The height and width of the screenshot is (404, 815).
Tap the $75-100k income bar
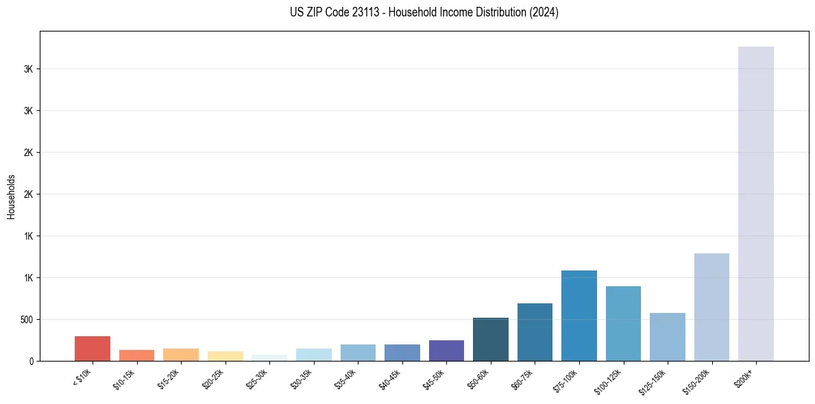(x=579, y=316)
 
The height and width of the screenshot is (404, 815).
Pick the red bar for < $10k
(x=93, y=349)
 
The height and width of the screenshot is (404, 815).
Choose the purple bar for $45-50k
(x=446, y=351)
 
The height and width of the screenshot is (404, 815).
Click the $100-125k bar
(x=623, y=323)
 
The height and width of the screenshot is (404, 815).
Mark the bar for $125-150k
(x=667, y=337)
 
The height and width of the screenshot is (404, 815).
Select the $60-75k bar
(x=535, y=332)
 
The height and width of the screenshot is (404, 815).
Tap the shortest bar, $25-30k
(x=269, y=357)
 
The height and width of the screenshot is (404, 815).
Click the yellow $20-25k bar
(x=225, y=356)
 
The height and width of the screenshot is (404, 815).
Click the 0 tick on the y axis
(x=32, y=361)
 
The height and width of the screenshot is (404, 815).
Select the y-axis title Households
(x=12, y=197)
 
